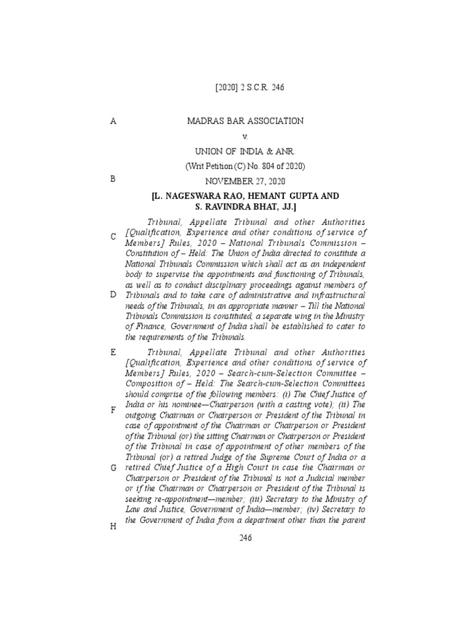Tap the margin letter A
click(113, 122)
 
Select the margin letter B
click(113, 179)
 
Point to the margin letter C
click(113, 237)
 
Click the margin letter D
click(113, 295)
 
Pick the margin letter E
click(113, 353)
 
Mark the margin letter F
click(113, 410)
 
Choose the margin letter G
click(113, 468)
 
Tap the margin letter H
click(113, 526)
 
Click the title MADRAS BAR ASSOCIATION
click(245, 121)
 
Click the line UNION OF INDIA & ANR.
click(245, 152)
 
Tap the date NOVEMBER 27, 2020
click(245, 181)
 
